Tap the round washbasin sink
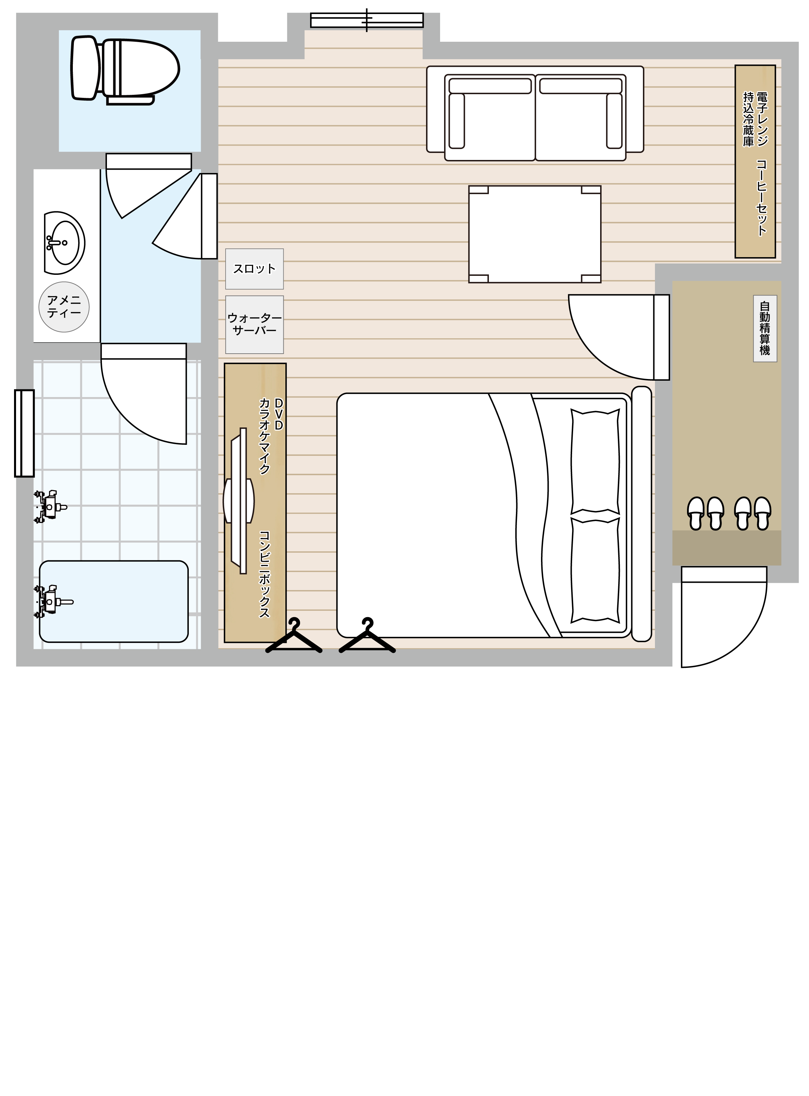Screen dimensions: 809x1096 (x=64, y=243)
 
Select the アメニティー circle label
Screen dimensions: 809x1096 (x=64, y=307)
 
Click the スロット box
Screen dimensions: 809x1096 (x=254, y=268)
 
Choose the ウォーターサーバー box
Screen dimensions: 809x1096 (x=254, y=324)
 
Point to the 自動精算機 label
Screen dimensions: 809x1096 (x=765, y=328)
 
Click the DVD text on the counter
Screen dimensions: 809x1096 (x=279, y=414)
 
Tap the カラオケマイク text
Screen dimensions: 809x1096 (x=264, y=436)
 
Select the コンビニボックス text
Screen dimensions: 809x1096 (x=264, y=574)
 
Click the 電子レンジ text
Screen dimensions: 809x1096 (x=762, y=119)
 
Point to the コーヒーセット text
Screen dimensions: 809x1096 (x=762, y=198)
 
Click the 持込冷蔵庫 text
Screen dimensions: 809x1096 (x=748, y=119)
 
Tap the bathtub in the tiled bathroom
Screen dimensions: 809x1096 (x=114, y=601)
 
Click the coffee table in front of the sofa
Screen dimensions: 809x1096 (x=535, y=234)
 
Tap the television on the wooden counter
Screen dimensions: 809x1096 (x=239, y=501)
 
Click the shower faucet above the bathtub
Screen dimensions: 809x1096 (x=50, y=506)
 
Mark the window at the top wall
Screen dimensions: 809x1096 (x=367, y=20)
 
